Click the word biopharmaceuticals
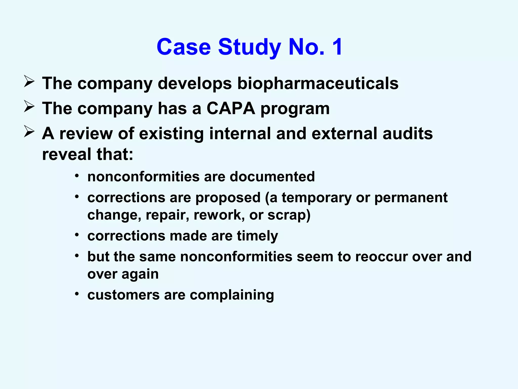(318, 83)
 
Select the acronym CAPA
(231, 108)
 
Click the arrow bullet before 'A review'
(29, 132)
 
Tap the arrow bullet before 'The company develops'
(29, 82)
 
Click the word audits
(407, 133)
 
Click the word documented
(272, 177)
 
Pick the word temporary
(317, 198)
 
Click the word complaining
(232, 295)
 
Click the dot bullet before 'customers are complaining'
(77, 294)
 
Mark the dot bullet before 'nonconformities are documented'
(77, 176)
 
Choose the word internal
(240, 133)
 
